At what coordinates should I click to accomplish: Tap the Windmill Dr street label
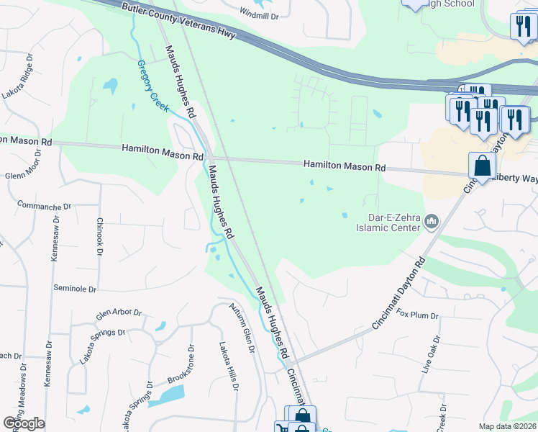(258, 15)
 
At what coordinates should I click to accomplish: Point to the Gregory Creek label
(152, 85)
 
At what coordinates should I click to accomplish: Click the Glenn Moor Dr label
(25, 175)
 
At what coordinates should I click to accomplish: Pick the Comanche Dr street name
(44, 206)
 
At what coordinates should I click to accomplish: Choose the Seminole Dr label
(75, 289)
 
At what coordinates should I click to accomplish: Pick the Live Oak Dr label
(434, 354)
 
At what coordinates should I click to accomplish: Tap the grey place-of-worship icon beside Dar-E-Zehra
(432, 221)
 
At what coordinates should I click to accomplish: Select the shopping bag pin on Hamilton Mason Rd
(482, 166)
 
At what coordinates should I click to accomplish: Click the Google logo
(24, 423)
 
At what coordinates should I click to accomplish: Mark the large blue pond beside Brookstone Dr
(172, 395)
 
